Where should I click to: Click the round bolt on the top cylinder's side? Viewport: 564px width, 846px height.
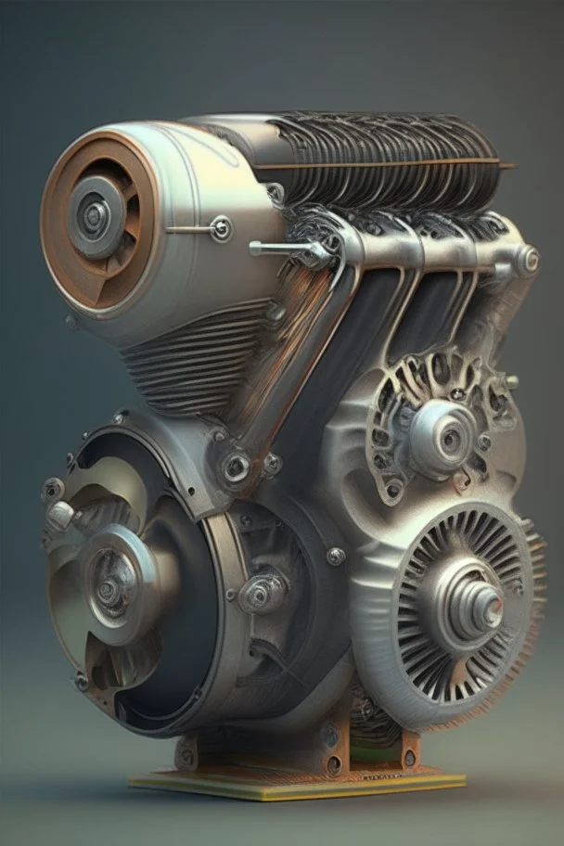221,228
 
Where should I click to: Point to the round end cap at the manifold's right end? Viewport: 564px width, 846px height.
527,260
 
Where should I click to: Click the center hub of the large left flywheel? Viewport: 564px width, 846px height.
109,587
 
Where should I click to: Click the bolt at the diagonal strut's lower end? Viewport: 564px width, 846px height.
236,466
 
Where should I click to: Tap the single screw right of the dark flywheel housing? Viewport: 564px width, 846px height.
335,556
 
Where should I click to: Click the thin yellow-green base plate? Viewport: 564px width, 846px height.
297,784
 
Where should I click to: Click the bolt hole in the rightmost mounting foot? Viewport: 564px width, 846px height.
409,758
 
